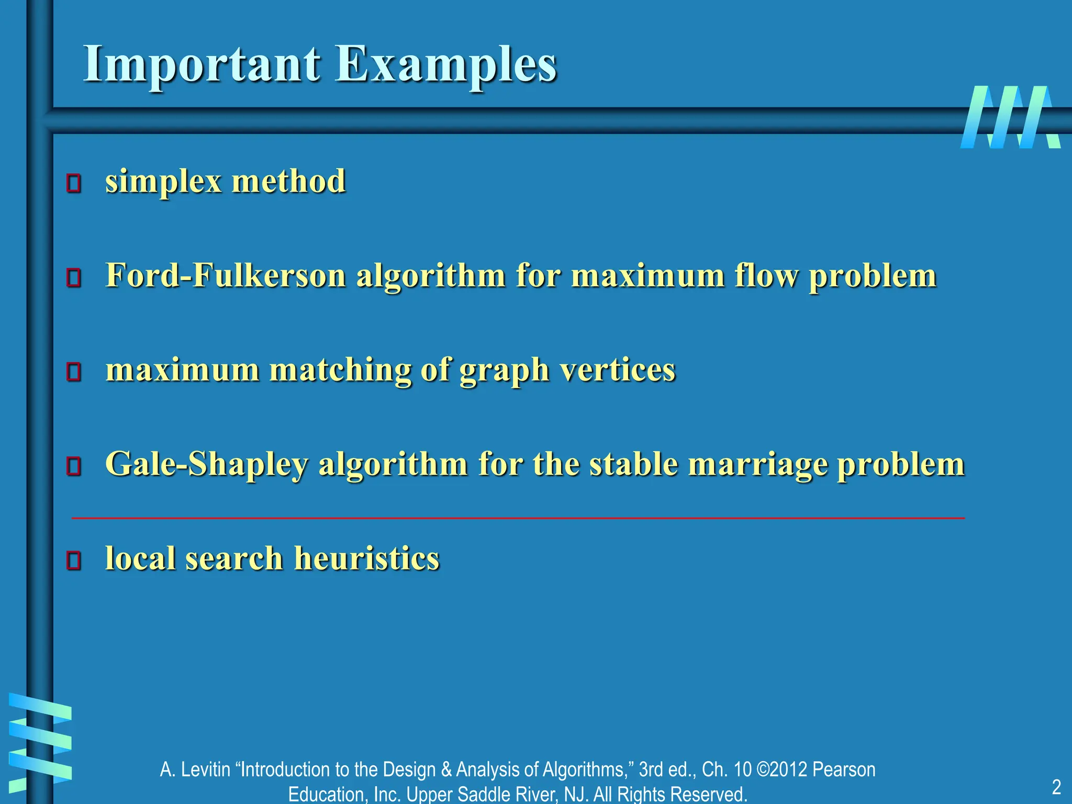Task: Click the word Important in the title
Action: tap(202, 64)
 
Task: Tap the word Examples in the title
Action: tap(445, 64)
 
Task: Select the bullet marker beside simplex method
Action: tap(74, 184)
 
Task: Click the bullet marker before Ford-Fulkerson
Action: tap(74, 278)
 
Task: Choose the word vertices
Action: tap(618, 370)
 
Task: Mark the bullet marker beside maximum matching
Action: tap(74, 372)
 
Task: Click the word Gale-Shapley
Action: tap(207, 464)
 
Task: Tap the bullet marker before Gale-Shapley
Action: tap(74, 466)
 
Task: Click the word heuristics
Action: tap(366, 558)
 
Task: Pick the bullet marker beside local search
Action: tap(74, 561)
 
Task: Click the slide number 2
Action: tap(1056, 787)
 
